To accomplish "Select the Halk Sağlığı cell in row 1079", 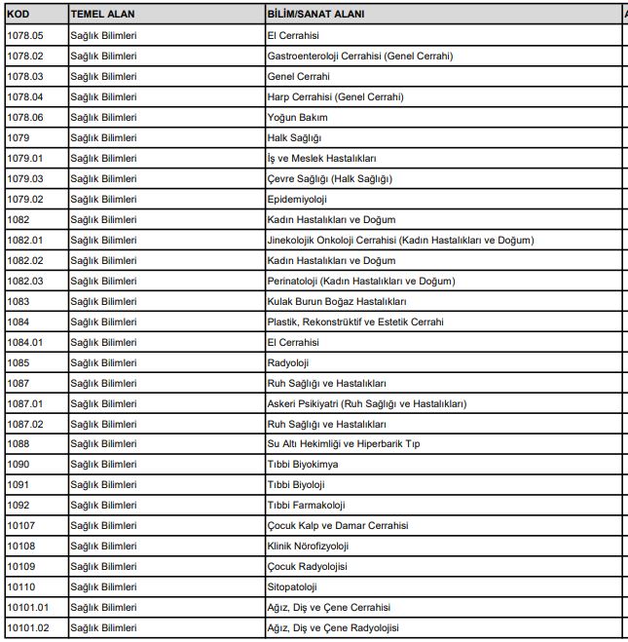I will (294, 137).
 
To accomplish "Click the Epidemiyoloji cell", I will (297, 199).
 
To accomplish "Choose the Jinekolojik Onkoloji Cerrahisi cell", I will (400, 240).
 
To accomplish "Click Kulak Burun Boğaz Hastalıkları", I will (335, 301).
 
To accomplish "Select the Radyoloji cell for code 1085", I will (288, 362).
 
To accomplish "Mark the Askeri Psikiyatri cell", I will (366, 403).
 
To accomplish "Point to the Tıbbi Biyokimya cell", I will (302, 465).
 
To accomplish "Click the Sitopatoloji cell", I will (292, 586).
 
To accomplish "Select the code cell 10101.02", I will (28, 627).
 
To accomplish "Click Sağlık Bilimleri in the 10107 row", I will (103, 526).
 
